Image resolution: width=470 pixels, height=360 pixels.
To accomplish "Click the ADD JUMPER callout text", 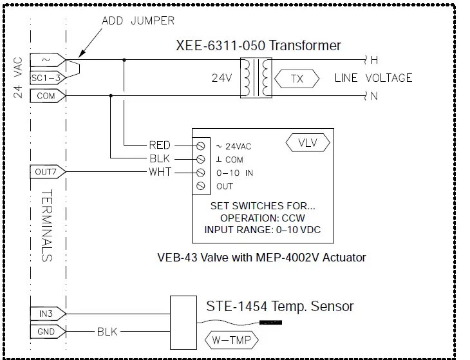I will click(138, 21).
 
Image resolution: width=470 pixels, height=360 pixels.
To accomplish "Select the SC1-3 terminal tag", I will click(46, 78).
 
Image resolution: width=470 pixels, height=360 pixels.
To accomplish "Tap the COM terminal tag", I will click(46, 95).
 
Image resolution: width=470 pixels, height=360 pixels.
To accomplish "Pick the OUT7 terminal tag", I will click(47, 172).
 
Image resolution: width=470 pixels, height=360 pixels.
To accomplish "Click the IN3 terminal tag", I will click(46, 313).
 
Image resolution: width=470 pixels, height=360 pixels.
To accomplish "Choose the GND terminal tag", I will click(46, 331).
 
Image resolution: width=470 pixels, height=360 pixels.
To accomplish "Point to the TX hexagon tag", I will click(297, 79).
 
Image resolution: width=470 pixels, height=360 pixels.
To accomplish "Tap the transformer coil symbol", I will click(256, 79).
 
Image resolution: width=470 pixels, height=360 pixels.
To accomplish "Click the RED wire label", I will click(160, 145).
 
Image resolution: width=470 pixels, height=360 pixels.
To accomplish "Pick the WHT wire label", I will click(160, 172).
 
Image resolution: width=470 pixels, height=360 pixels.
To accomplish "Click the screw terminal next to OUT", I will click(201, 185).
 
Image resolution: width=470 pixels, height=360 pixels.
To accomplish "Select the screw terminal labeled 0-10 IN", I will click(201, 172).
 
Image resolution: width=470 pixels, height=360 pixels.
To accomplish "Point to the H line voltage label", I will click(373, 61).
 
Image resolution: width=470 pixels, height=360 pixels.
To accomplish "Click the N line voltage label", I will click(373, 96).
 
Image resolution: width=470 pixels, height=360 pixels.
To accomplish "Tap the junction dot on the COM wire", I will click(111, 96).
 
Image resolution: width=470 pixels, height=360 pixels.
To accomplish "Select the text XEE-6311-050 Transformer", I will click(258, 46).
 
